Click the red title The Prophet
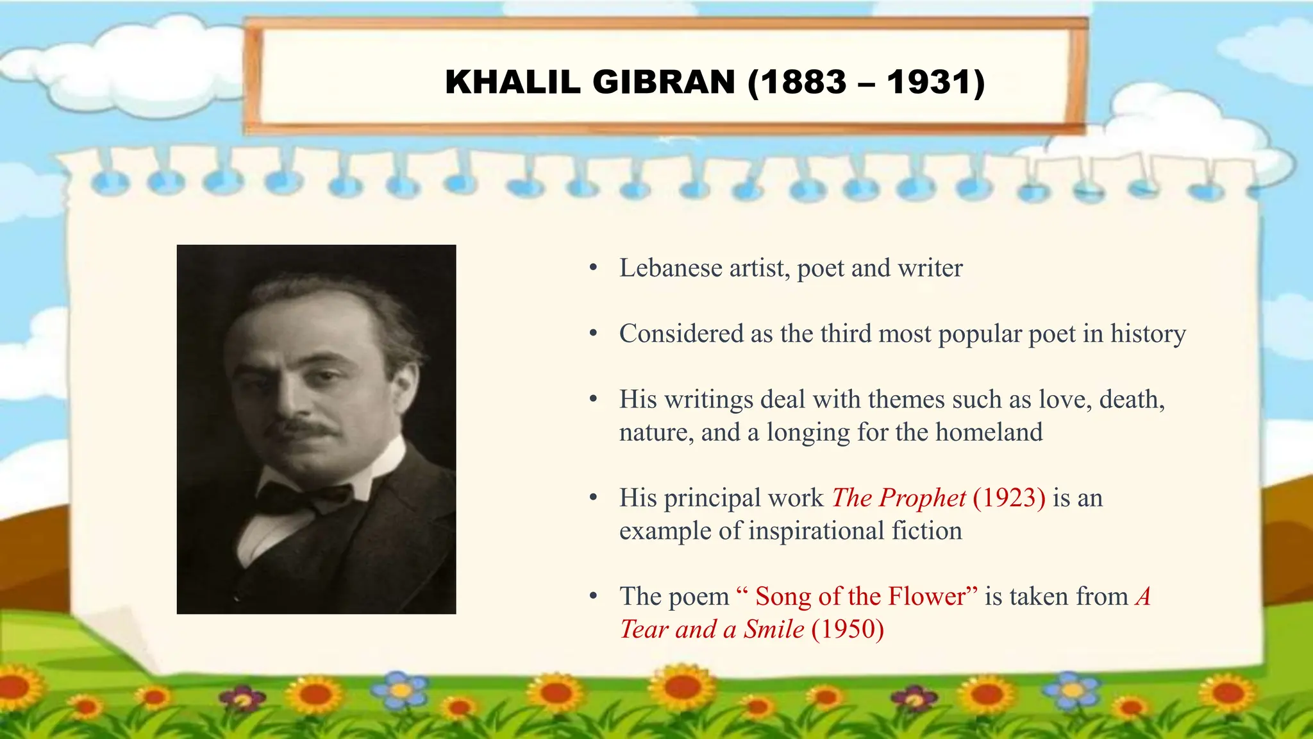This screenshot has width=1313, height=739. pyautogui.click(x=898, y=498)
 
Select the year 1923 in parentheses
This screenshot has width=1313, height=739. pyautogui.click(x=1009, y=498)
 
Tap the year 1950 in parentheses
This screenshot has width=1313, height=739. pyautogui.click(x=848, y=629)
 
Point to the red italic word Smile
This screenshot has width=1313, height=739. pyautogui.click(x=773, y=629)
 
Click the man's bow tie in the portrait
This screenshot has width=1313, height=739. pyautogui.click(x=301, y=497)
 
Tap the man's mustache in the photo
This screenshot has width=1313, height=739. pyautogui.click(x=301, y=428)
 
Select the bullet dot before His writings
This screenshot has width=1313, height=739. pyautogui.click(x=593, y=400)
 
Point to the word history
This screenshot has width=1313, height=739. pyautogui.click(x=1148, y=334)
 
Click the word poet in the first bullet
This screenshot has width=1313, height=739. pyautogui.click(x=820, y=268)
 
